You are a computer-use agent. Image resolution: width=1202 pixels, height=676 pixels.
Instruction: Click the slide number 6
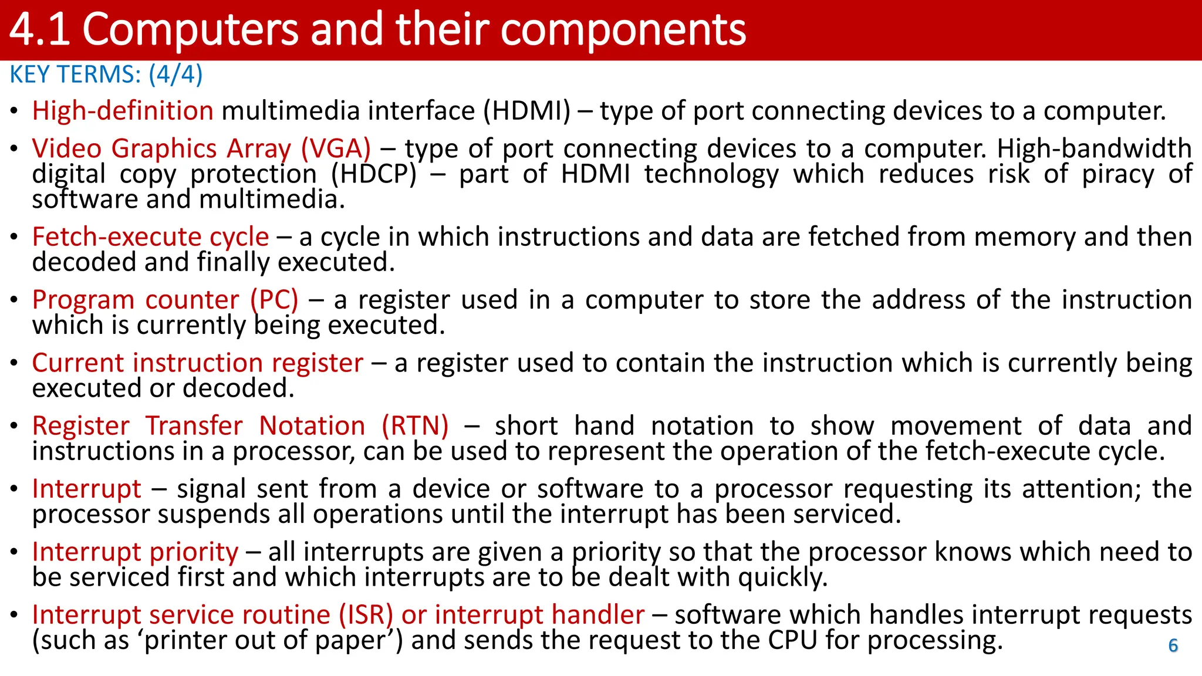pos(1173,645)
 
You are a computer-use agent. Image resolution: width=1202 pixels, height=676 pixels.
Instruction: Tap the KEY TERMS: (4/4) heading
pos(106,75)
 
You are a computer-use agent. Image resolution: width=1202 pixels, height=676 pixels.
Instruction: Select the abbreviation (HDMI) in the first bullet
pos(526,111)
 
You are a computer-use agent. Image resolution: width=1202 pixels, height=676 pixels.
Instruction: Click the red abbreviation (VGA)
pos(336,148)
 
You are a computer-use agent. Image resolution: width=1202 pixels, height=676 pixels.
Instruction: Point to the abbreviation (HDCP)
pos(374,174)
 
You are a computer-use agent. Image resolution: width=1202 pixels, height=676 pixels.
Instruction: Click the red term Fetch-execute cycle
pos(150,236)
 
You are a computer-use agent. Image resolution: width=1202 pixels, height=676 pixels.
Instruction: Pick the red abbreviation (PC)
pos(274,300)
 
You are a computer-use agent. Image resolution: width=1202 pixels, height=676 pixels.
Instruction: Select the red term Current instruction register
pos(198,363)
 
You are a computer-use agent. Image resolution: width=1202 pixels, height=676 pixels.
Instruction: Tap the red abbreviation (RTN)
pos(415,425)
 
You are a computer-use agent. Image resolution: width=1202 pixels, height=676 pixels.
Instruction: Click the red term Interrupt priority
pos(135,552)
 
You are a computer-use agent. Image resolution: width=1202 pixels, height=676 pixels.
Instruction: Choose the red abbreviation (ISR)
pos(366,615)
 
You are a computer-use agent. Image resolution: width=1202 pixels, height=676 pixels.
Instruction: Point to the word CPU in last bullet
pos(792,640)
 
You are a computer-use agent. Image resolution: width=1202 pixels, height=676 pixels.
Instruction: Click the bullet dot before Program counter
pos(14,300)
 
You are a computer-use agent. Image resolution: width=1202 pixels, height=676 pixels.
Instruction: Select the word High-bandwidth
pos(1094,148)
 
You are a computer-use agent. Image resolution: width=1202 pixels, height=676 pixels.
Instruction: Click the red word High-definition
pos(123,111)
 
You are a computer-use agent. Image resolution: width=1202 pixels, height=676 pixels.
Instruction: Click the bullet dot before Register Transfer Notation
pos(14,427)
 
